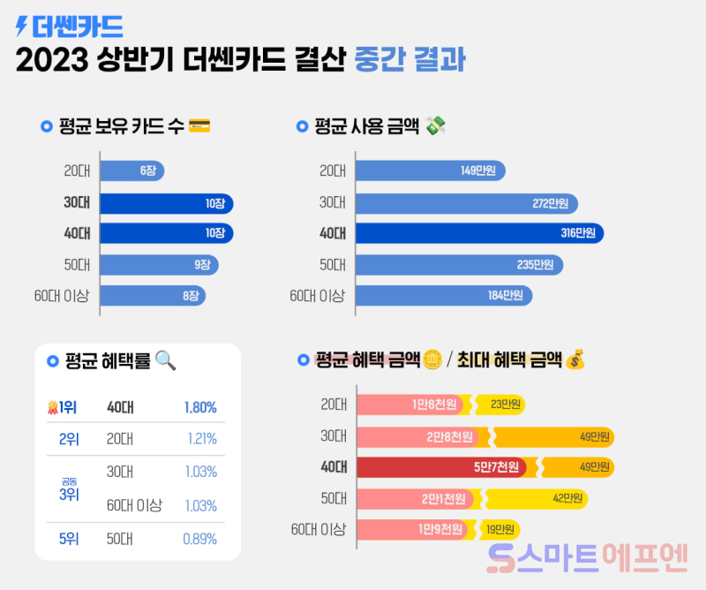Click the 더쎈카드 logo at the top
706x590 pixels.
[70, 26]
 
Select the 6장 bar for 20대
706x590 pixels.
[131, 171]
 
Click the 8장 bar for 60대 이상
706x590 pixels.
[152, 296]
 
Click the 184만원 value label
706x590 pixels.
[506, 296]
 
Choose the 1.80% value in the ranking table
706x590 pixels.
[200, 407]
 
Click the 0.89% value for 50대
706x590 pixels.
[200, 539]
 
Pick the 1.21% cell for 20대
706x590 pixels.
[201, 439]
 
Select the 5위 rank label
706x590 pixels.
[68, 539]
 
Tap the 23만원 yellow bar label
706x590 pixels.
[506, 405]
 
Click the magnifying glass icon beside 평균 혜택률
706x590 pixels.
[166, 359]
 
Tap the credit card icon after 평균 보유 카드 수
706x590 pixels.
[199, 126]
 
